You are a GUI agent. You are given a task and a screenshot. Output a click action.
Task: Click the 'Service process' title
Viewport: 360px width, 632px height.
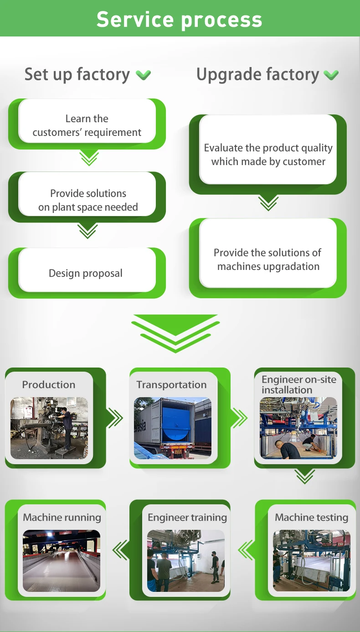tap(180, 19)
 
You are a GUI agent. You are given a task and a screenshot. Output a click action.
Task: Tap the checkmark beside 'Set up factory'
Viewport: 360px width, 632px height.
tap(144, 75)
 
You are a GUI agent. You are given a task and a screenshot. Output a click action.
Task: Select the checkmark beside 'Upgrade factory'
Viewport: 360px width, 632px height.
tap(331, 75)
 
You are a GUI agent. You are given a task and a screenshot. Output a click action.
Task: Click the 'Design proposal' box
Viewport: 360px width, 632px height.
tap(87, 273)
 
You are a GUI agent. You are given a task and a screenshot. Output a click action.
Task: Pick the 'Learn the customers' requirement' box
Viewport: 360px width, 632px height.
tap(87, 125)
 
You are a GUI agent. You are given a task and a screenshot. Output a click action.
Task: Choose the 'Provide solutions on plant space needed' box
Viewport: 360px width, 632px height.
tap(87, 200)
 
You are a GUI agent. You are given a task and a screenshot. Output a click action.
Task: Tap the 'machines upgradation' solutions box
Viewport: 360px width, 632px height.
tap(268, 259)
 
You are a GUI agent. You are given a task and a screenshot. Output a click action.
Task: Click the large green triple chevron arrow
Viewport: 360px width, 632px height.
tap(175, 333)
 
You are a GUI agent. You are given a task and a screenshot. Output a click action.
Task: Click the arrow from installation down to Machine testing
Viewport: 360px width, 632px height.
tap(304, 477)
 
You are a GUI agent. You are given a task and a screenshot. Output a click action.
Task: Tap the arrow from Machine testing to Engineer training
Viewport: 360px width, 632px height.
tap(246, 549)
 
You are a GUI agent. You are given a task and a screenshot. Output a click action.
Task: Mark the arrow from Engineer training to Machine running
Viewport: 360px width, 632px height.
tap(120, 549)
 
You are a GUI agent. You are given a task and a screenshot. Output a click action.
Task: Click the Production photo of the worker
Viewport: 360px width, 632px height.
tap(49, 428)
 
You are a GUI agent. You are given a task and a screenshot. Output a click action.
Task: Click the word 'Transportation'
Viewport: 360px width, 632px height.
tap(171, 385)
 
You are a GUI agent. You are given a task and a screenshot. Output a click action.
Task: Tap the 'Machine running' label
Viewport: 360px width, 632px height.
tap(62, 518)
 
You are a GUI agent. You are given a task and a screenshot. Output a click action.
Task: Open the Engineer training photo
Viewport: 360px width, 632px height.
tap(186, 560)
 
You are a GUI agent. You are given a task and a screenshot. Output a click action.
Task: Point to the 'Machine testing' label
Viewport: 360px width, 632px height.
tap(312, 518)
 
